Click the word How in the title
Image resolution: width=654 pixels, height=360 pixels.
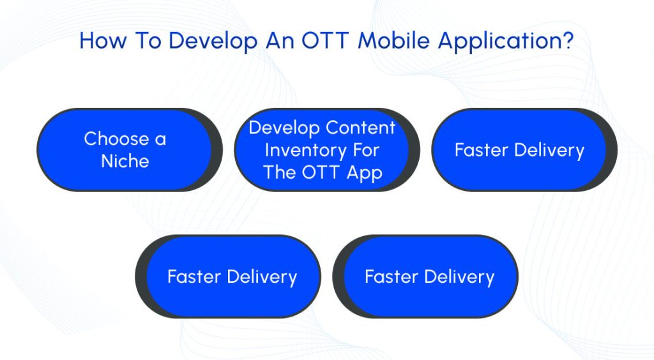(103, 41)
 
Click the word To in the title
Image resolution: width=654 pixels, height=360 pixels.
(148, 41)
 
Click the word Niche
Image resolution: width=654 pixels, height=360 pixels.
(125, 161)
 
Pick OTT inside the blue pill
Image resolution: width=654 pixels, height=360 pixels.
(320, 172)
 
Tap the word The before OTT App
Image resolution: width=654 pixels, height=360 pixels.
(280, 172)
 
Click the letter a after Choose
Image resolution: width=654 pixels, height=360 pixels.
(160, 140)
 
